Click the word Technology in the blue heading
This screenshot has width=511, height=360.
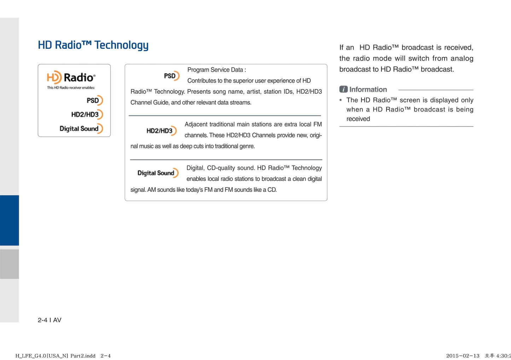[121, 45]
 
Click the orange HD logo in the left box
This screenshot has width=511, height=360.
[54, 77]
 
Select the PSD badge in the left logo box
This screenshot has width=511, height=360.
[95, 100]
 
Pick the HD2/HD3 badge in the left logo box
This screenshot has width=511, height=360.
[87, 114]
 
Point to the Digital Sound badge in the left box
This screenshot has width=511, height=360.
[81, 129]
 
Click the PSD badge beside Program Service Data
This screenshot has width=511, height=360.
[172, 76]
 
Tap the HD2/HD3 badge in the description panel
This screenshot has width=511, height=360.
[162, 131]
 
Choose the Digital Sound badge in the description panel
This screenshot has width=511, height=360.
[158, 173]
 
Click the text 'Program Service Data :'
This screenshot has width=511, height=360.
[216, 70]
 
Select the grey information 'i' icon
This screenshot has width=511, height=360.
[343, 89]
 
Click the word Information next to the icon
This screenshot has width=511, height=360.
[368, 89]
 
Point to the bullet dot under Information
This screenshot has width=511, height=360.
[341, 100]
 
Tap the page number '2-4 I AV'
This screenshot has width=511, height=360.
[50, 320]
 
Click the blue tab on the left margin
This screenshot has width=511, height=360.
[9, 220]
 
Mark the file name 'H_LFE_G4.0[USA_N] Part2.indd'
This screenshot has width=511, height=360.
[56, 356]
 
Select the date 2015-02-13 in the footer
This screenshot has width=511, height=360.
[463, 356]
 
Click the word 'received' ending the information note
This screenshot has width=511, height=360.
[358, 119]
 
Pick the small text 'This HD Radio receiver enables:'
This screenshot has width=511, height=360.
[71, 88]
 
